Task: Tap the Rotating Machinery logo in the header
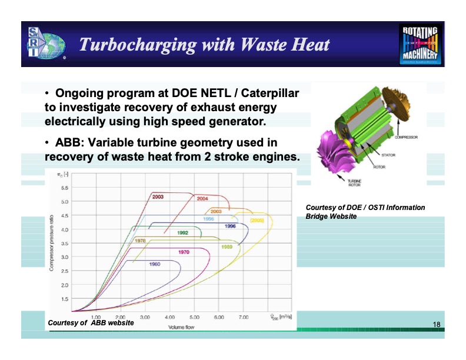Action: [x=421, y=44]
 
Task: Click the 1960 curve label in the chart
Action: [x=154, y=264]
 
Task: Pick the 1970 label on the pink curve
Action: [x=183, y=252]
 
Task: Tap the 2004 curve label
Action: [x=202, y=198]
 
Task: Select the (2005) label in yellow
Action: [x=257, y=219]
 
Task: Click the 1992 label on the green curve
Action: [x=182, y=233]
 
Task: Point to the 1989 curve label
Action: [x=227, y=246]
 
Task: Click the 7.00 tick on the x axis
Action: [x=244, y=317]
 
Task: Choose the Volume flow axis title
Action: [x=181, y=326]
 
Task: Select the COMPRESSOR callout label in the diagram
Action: [x=406, y=137]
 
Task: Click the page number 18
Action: [x=436, y=325]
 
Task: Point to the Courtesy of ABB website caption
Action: [x=91, y=323]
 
